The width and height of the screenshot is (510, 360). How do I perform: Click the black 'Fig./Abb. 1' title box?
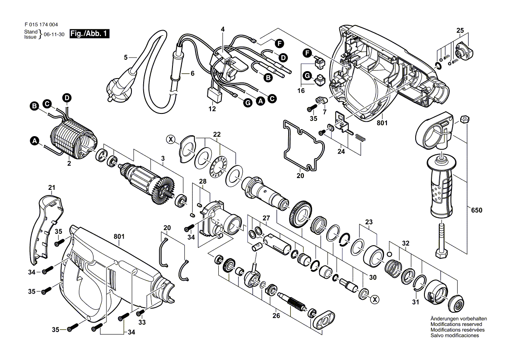point(90,34)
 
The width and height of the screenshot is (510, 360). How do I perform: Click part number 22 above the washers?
point(217,134)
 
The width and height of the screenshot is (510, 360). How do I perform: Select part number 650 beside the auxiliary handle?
point(476,210)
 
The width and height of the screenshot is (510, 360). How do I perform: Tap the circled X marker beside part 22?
point(170,139)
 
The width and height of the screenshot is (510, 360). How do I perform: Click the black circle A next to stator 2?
point(34,141)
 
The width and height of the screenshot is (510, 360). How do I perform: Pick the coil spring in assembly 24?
point(361,137)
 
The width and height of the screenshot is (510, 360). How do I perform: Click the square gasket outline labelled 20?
point(303,144)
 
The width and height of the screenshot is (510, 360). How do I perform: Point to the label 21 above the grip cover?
point(52,188)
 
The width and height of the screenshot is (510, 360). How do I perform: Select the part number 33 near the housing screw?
point(142,322)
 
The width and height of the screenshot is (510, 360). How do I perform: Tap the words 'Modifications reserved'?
point(456,324)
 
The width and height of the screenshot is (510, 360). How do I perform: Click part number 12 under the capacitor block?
point(212,109)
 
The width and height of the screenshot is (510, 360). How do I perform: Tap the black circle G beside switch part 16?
point(307,76)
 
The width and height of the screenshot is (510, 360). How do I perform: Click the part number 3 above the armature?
point(162,158)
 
